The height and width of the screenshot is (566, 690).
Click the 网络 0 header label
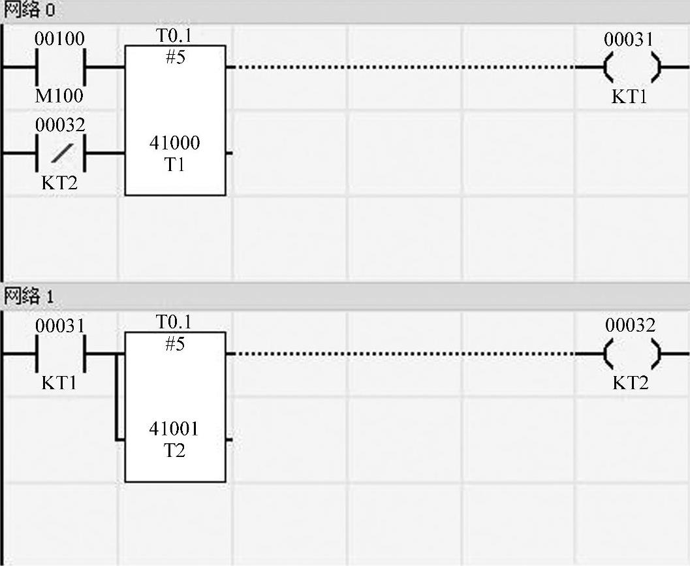[29, 10]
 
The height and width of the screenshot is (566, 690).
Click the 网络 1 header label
[29, 296]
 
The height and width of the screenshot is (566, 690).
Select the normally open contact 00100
[60, 67]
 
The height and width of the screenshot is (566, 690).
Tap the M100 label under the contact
[59, 96]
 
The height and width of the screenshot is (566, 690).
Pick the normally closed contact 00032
[60, 153]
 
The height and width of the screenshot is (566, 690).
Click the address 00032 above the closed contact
[60, 125]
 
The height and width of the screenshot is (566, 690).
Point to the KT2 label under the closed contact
[59, 183]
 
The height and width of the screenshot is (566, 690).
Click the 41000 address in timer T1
[174, 143]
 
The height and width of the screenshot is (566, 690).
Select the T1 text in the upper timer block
[174, 165]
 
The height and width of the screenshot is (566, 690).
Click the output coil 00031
[631, 67]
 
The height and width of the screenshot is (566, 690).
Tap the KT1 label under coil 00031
[629, 97]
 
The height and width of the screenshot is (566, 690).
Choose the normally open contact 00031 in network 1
[60, 353]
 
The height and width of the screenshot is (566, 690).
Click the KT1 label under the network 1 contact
[59, 383]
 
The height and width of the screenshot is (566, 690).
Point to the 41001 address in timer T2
[174, 429]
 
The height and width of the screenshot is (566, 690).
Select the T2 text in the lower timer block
[174, 450]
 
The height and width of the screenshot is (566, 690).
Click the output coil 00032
[631, 353]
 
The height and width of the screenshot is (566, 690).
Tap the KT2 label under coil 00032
[630, 383]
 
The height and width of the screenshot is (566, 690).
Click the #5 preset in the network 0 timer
[174, 57]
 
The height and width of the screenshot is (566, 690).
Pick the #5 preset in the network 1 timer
[174, 343]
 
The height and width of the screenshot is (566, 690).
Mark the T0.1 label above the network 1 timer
[174, 322]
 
